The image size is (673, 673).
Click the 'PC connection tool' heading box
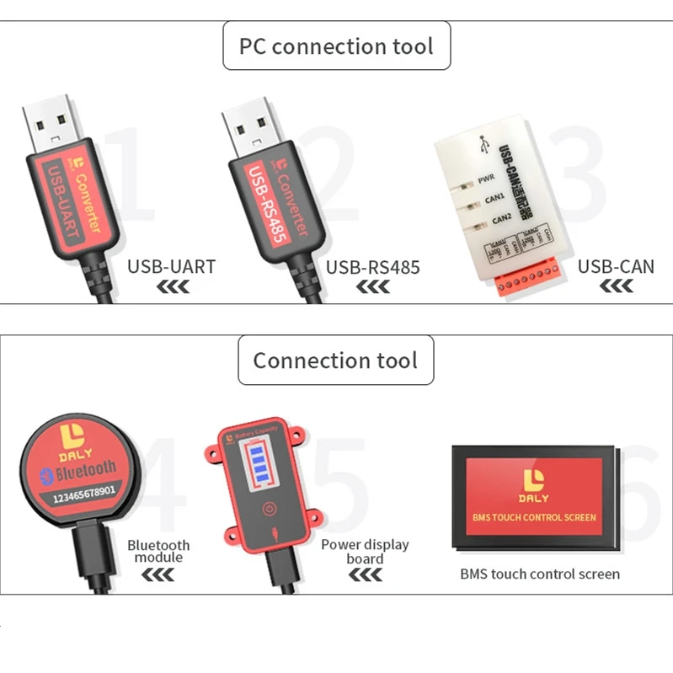point(336,45)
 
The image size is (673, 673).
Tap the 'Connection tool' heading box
point(335,361)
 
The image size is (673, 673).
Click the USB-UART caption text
point(171,267)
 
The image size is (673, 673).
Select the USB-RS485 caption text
point(372,267)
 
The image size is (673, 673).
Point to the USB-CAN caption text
point(616,267)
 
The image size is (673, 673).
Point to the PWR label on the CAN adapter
point(486,179)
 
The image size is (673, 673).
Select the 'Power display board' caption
point(365,551)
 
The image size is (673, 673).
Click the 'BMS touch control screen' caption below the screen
point(540,574)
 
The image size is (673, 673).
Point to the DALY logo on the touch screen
point(534,486)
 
